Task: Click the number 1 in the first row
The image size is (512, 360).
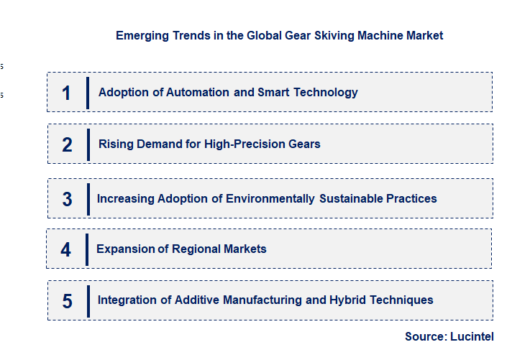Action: (66, 93)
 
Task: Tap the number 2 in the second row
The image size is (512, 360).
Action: (67, 144)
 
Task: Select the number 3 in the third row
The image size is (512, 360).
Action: (67, 199)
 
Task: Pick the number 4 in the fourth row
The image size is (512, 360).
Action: (66, 249)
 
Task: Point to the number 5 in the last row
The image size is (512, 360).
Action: (67, 301)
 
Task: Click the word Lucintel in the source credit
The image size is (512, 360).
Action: (472, 336)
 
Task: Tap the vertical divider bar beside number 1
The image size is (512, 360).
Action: (87, 93)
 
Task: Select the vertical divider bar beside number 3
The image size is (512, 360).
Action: (88, 198)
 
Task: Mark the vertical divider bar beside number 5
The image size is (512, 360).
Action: (88, 300)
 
